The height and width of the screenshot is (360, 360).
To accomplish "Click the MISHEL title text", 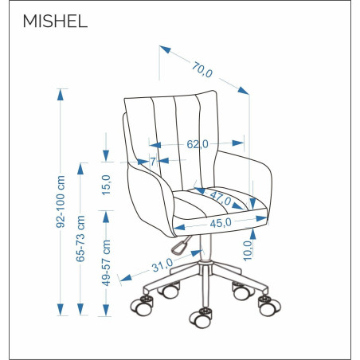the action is point(55,22).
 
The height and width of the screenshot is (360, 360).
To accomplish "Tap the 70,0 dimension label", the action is point(202,69).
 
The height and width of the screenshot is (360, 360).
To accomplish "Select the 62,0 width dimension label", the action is point(198,144).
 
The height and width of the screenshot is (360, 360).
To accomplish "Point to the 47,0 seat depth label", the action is point(221,198).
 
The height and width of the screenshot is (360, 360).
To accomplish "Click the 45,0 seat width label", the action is point(221,223).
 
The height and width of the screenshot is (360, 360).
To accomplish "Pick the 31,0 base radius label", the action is point(162,265).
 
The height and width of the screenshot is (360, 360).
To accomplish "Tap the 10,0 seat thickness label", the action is point(248,250).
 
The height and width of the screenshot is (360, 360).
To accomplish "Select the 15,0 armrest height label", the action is point(106,185).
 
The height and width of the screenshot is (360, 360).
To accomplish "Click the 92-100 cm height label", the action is point(61,202).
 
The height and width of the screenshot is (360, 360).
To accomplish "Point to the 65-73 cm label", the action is point(80,238).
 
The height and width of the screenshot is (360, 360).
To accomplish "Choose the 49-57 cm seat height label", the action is point(106,263).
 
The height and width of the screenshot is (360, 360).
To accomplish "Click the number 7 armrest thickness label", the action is point(153,161).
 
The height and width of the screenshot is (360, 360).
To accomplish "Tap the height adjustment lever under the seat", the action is point(181,245).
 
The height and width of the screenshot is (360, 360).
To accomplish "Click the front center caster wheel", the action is point(201,318).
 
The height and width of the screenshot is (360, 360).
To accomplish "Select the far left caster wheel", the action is point(142,306).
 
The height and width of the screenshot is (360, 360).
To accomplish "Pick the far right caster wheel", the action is point(269,306).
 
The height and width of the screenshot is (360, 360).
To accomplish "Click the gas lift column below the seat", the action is point(205,248).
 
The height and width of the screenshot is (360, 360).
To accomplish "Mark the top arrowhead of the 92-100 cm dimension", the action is point(61,95).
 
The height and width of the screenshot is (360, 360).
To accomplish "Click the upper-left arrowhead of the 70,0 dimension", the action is point(165,49).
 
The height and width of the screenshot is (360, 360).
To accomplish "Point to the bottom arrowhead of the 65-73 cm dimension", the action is point(80,310).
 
